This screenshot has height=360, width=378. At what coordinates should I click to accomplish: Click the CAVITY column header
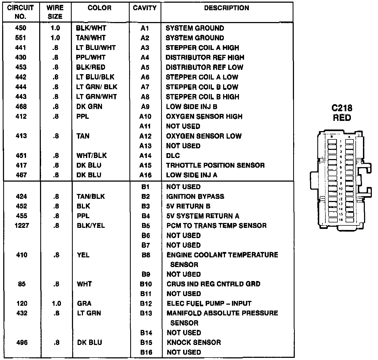[145, 8]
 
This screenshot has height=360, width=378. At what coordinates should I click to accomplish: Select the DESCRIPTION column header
[226, 8]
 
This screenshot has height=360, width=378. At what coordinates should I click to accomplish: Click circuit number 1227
[21, 225]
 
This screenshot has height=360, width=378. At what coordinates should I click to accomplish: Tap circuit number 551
[21, 38]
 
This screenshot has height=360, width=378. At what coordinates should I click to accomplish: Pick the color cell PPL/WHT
[91, 57]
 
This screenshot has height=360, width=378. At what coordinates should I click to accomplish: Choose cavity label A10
[145, 116]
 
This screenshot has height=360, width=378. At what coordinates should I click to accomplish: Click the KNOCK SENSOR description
[194, 342]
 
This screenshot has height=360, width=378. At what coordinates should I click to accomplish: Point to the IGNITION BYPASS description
[195, 196]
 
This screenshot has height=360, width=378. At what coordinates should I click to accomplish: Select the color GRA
[84, 303]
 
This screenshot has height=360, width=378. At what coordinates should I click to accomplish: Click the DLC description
[173, 156]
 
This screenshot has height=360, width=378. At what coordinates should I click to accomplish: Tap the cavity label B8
[146, 255]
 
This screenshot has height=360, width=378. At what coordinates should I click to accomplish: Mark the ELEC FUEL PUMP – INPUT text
[209, 303]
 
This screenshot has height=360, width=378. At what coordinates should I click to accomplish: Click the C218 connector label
[342, 108]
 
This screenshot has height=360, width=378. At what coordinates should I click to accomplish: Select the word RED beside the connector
[342, 118]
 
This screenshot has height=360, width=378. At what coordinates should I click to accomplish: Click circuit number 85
[21, 284]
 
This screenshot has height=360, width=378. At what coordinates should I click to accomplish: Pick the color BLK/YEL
[91, 225]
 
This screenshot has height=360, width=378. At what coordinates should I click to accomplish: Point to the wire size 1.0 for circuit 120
[56, 303]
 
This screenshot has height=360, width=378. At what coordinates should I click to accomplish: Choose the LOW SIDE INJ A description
[191, 175]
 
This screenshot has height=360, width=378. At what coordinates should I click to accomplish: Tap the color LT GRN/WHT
[96, 97]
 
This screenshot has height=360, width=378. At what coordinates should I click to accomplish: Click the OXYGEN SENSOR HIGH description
[204, 116]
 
